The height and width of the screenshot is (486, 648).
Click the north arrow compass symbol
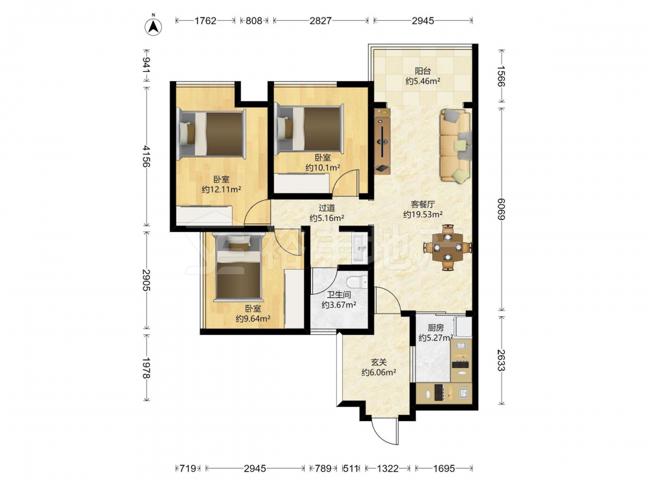153,25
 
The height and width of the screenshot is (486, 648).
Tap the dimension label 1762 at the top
205,21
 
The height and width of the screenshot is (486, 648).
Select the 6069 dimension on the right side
501,209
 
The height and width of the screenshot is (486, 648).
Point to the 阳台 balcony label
422,71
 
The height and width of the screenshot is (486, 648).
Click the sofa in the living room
456,145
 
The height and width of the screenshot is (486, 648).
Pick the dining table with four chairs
448,247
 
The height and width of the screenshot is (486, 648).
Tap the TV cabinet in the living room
383,141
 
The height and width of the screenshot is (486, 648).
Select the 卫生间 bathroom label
339,295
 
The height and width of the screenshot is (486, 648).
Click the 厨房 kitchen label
435,328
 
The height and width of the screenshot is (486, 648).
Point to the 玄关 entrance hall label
378,362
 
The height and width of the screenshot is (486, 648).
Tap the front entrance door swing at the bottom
385,431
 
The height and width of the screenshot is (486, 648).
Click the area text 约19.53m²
422,214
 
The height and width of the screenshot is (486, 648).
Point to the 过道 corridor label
327,207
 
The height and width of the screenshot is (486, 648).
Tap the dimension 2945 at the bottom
255,469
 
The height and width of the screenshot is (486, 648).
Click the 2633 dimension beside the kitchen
501,360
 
